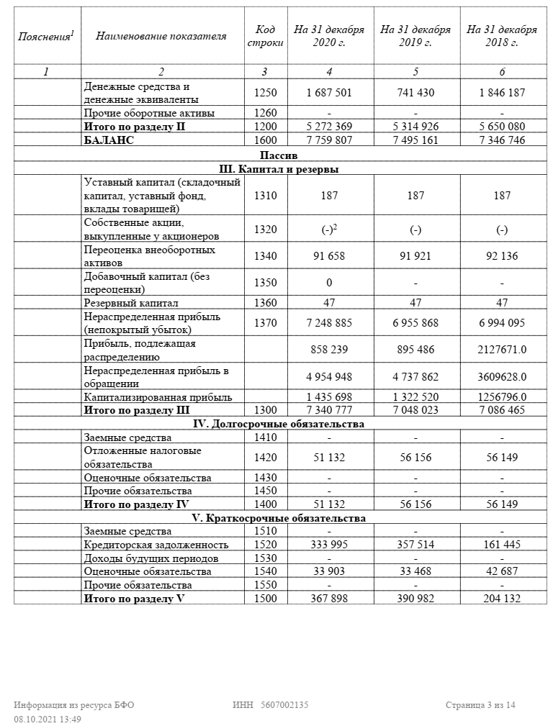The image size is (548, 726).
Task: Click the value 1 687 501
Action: tap(329, 93)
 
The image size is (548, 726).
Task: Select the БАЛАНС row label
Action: tap(109, 140)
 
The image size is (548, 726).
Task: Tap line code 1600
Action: tap(265, 140)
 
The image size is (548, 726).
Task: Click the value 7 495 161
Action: tap(416, 140)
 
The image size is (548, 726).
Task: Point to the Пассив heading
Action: tap(279, 155)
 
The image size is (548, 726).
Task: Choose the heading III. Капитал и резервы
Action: tap(279, 169)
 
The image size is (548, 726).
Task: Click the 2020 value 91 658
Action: tap(329, 256)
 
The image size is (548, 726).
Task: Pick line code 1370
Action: tap(265, 323)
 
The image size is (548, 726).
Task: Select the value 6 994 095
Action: tap(502, 323)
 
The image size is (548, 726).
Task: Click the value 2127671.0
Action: tap(502, 350)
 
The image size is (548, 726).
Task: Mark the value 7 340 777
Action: tap(329, 410)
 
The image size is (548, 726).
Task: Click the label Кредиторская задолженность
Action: tap(156, 545)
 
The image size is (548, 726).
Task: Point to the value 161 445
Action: tap(502, 545)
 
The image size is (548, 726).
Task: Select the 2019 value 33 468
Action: tap(416, 571)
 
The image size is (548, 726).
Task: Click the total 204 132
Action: tap(502, 599)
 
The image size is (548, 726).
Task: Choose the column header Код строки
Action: tap(265, 36)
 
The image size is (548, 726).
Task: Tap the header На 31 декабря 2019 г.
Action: tap(416, 36)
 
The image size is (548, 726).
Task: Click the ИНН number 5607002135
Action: tap(284, 705)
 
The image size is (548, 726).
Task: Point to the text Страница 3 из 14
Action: tap(480, 705)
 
